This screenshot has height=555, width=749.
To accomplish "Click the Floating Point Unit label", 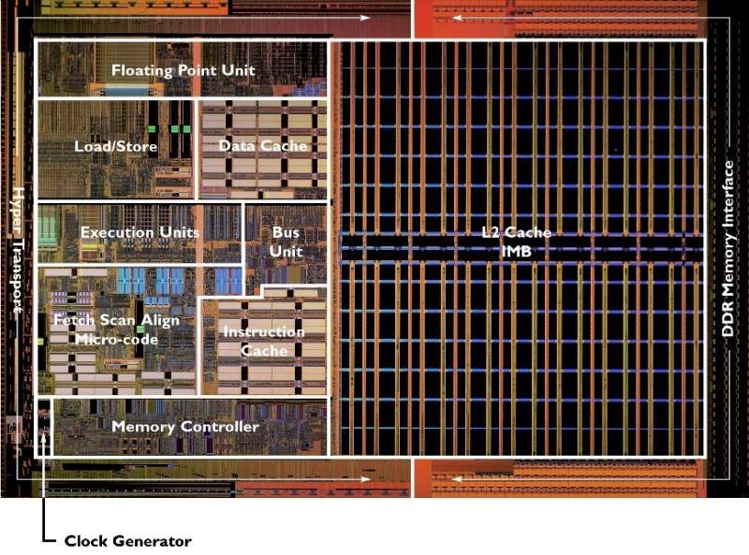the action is click(x=183, y=71).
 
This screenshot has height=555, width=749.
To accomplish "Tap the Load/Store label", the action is click(x=115, y=146).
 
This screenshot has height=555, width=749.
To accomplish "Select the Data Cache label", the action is click(x=263, y=146).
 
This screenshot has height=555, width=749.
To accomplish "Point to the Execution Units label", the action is click(x=140, y=233).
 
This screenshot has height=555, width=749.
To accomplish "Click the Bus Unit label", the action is click(x=286, y=241).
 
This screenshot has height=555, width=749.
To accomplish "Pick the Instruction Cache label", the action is click(x=264, y=341).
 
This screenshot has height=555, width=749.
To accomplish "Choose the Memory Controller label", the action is click(x=185, y=427).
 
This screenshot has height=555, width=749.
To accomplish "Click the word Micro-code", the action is click(x=116, y=340).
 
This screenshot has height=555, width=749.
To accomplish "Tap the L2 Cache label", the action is click(x=516, y=233).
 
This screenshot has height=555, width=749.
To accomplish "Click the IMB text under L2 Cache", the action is click(x=517, y=251).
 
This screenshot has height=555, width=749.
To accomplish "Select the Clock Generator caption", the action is click(x=127, y=541).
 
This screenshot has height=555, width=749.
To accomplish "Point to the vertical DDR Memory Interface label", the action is click(x=727, y=248).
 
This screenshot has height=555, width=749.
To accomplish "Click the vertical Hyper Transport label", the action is click(x=17, y=250).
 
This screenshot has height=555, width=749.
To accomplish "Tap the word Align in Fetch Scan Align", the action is click(x=160, y=320).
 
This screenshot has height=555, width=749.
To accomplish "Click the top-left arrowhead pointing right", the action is click(x=365, y=18).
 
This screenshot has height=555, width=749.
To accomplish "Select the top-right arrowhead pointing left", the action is click(x=457, y=18).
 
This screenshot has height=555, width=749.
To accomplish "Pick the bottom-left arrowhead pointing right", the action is click(x=365, y=479).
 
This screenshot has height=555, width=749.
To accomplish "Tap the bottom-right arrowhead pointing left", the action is click(x=457, y=479).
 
